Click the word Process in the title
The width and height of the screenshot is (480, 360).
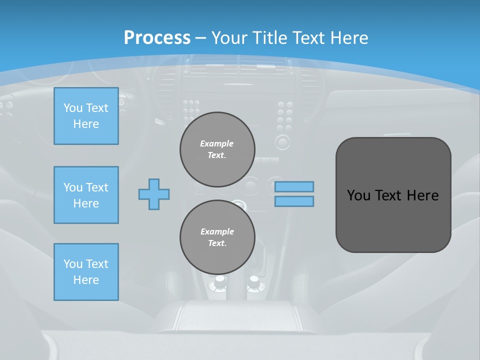pos(157,37)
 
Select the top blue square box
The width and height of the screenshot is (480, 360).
pos(86,116)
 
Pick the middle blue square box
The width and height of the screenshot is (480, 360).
pos(86,195)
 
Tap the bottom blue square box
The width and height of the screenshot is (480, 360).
pos(86,272)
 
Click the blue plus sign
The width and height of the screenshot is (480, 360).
pos(154,194)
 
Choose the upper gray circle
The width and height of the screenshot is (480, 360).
pos(217,149)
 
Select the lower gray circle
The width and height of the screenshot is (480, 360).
pos(217,237)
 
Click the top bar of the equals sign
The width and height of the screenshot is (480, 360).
pos(294,186)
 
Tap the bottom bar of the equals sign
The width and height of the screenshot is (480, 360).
pos(294,201)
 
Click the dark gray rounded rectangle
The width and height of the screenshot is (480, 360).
pos(393,220)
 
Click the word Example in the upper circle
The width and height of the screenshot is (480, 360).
pos(217,143)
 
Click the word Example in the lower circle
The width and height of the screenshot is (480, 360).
pos(217,231)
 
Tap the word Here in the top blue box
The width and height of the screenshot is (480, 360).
pos(86,124)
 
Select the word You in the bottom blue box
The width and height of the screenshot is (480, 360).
pos(73,264)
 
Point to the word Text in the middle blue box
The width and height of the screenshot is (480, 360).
pos(97,187)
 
